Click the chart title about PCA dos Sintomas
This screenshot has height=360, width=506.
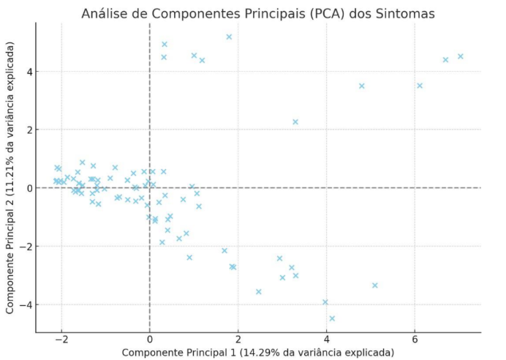click(257, 14)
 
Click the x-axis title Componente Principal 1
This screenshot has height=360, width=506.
click(257, 352)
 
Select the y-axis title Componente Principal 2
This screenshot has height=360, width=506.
click(11, 179)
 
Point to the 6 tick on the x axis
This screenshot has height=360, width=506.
click(415, 340)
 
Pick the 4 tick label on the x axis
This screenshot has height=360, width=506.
click(327, 340)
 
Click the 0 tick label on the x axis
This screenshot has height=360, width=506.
click(150, 340)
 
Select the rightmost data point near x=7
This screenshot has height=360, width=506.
click(461, 56)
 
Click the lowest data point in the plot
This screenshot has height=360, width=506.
click(332, 318)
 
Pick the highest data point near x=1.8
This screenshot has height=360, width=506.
click(229, 37)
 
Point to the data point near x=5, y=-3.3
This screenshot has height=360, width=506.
click(375, 285)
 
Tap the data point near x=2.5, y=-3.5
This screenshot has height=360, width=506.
click(259, 291)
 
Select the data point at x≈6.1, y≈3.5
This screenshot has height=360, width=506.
click(420, 86)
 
